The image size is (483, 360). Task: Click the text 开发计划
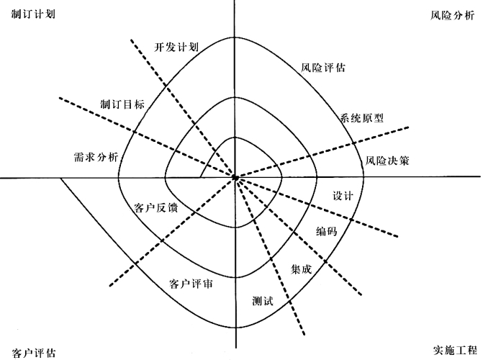pyautogui.click(x=176, y=47)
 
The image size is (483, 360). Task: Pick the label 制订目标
pyautogui.click(x=122, y=104)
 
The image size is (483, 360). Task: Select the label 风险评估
pyautogui.click(x=322, y=69)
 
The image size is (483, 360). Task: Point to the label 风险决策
pyautogui.click(x=387, y=161)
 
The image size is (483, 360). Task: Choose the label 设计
pyautogui.click(x=343, y=196)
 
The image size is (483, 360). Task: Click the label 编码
pyautogui.click(x=326, y=231)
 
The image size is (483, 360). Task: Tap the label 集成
pyautogui.click(x=301, y=269)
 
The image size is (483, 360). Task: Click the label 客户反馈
pyautogui.click(x=156, y=208)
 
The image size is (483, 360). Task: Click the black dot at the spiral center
pyautogui.click(x=235, y=177)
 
